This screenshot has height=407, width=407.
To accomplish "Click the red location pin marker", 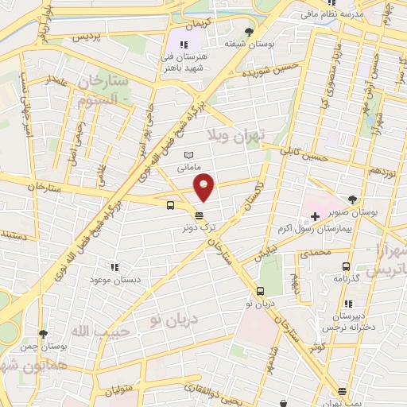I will click(205, 187).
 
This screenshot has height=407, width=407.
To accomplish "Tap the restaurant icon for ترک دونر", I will click(198, 215).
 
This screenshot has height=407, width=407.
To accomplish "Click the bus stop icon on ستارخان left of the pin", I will click(171, 205).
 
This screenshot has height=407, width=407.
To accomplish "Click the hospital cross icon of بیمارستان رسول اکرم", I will click(315, 216).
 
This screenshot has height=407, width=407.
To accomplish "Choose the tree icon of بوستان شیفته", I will click(250, 32).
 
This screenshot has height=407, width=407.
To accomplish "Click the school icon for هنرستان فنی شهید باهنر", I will click(184, 45).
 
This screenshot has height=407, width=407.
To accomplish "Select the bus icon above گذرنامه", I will click(345, 266).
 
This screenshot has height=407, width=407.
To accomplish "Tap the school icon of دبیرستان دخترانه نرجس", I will click(347, 304).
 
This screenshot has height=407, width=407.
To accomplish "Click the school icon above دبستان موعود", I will click(114, 268).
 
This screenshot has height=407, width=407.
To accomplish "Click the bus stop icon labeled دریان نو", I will click(261, 290).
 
